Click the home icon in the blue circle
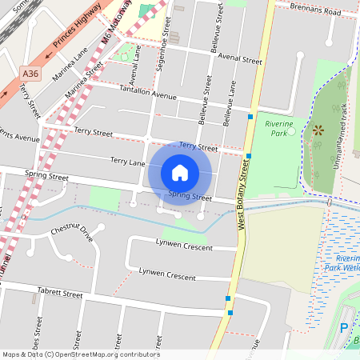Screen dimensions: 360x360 coord(180,172)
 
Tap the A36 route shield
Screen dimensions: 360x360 coord(30,74)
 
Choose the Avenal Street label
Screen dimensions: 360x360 coord(240,60)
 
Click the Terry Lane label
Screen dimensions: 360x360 coord(128,162)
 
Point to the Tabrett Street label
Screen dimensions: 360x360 coord(60,294)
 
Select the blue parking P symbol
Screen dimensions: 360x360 coord(344,327)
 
